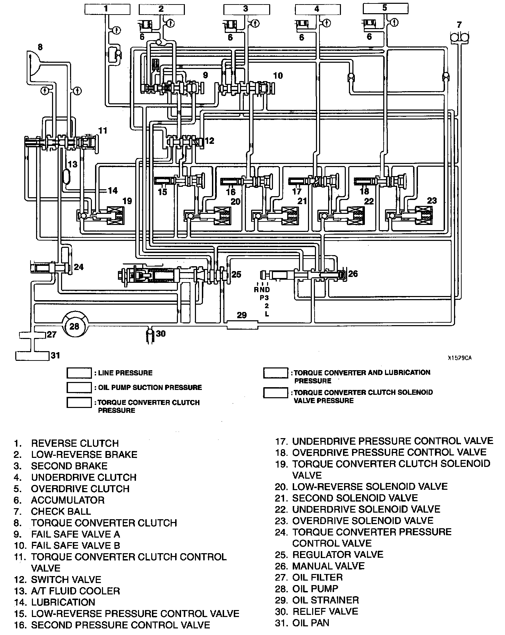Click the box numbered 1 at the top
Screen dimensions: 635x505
coord(106,9)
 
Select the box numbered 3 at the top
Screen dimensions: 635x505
coord(246,9)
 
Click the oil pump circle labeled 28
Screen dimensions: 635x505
coord(74,326)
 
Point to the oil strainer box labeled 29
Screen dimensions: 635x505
coord(242,325)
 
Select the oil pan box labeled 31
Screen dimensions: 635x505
coord(32,356)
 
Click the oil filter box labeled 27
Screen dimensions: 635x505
coord(32,335)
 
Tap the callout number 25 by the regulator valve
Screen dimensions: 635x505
coord(236,275)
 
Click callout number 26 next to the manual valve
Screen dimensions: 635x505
coord(353,274)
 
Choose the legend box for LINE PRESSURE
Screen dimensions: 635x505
coord(79,373)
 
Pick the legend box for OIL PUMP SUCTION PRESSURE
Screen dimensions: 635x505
coord(79,388)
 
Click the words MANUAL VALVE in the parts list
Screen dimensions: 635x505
coord(328,566)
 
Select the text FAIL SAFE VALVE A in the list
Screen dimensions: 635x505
coord(76,534)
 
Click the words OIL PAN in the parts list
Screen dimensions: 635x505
coord(311,623)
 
